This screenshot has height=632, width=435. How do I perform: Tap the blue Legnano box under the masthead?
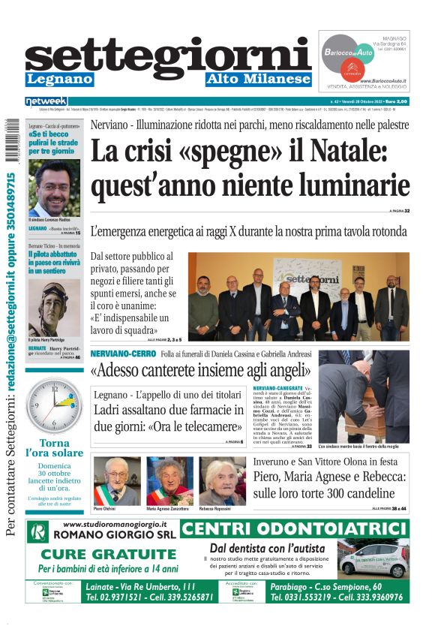(59, 79)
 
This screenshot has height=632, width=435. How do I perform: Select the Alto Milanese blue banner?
(259, 79)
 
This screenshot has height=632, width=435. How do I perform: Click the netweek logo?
(46, 101)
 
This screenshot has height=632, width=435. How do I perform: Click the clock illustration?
(54, 405)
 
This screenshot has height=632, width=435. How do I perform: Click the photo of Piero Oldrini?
(115, 481)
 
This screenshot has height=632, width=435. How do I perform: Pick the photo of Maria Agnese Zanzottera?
(169, 481)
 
